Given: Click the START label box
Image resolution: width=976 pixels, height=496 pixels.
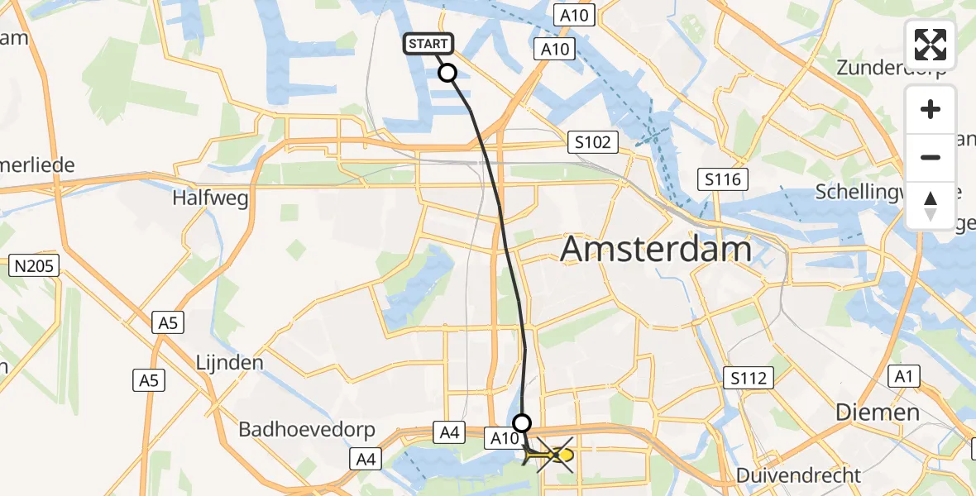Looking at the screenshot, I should pos(428,44).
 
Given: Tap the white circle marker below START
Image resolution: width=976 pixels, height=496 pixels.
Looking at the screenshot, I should pos(447,74).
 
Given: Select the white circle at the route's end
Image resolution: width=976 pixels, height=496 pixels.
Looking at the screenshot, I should pos(522,423).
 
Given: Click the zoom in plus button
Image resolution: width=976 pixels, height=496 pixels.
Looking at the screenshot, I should pos(931,109).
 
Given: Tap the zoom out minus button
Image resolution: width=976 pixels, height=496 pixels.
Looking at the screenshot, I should pos(931,157).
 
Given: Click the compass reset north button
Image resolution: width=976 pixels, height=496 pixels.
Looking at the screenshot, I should pos(931,205).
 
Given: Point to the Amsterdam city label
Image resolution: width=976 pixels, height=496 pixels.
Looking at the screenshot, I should pos(656,248).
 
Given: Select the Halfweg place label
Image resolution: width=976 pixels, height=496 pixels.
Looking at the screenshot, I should pos(210,198).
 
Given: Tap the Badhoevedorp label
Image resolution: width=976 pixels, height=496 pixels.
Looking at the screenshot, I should pos(307,430).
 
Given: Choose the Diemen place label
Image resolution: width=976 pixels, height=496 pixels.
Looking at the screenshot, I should pos(878,412).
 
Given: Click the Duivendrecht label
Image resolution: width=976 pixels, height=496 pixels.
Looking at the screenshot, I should pos(798,475).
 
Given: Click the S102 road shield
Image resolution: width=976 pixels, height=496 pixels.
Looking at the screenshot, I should pos(593,143).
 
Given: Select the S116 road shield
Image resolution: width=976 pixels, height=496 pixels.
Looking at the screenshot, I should pos(722,179).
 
